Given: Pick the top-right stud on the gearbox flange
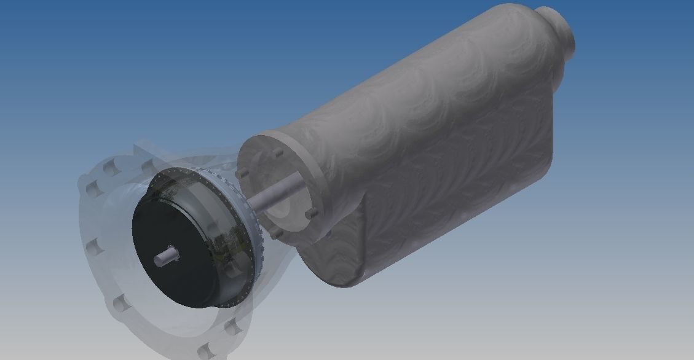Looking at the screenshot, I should (277, 151).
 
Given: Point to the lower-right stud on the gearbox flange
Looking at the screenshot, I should (312, 213).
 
